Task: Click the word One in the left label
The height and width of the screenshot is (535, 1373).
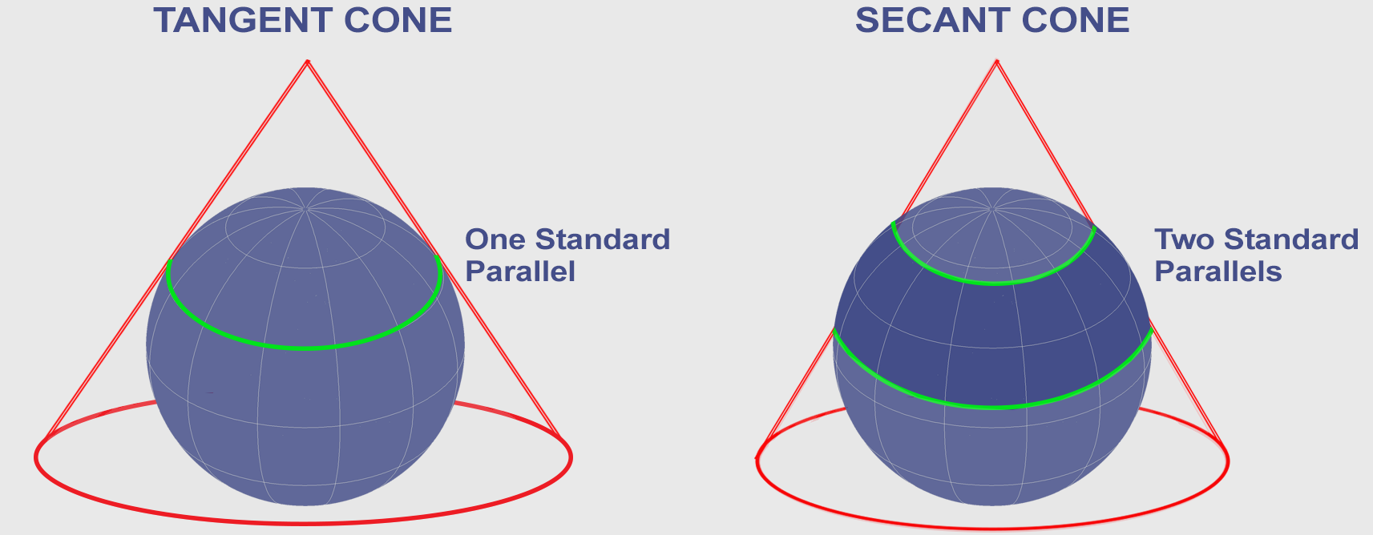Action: click(x=495, y=239)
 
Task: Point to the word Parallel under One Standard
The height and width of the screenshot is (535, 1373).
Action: click(x=520, y=272)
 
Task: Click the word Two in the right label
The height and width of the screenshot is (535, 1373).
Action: click(x=1185, y=239)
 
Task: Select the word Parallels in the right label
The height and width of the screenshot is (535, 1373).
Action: click(x=1218, y=272)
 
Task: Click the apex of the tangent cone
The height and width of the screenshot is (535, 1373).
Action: click(x=308, y=61)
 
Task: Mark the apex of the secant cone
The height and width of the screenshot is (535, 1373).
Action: click(x=996, y=61)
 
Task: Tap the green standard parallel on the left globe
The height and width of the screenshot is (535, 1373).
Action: click(x=305, y=348)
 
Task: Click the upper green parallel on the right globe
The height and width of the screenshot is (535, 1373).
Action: click(x=994, y=283)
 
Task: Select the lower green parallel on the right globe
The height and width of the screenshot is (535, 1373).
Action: click(x=993, y=406)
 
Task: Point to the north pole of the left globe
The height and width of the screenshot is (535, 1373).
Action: click(x=305, y=209)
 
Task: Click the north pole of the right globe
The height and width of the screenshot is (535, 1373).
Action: click(x=992, y=209)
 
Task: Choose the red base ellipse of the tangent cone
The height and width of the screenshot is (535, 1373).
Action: click(x=304, y=523)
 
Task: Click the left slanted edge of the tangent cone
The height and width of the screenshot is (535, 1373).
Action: click(x=176, y=248)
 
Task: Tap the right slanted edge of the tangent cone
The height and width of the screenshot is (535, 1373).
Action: click(x=434, y=248)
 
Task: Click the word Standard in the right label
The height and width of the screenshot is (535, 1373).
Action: click(x=1291, y=239)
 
